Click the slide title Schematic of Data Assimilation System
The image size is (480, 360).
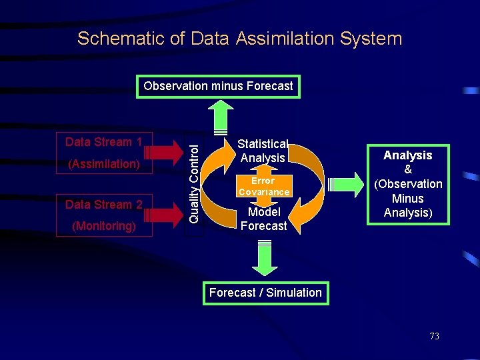coord(240,39)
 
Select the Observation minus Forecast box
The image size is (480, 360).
coord(218,86)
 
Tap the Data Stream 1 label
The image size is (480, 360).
coord(103,142)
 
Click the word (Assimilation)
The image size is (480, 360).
coord(103,164)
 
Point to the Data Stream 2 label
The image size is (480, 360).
coord(103,205)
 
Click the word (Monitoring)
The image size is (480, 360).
coord(103,226)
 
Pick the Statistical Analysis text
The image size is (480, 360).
coord(263,151)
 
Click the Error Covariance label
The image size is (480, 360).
coord(263,187)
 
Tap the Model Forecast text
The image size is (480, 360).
coord(263,219)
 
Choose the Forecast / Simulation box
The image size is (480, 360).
coord(265,293)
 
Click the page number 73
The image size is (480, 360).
coord(434,336)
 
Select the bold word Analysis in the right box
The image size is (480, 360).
coord(408,155)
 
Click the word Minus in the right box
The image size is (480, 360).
coord(408,199)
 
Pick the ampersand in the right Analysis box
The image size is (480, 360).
coord(408,170)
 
